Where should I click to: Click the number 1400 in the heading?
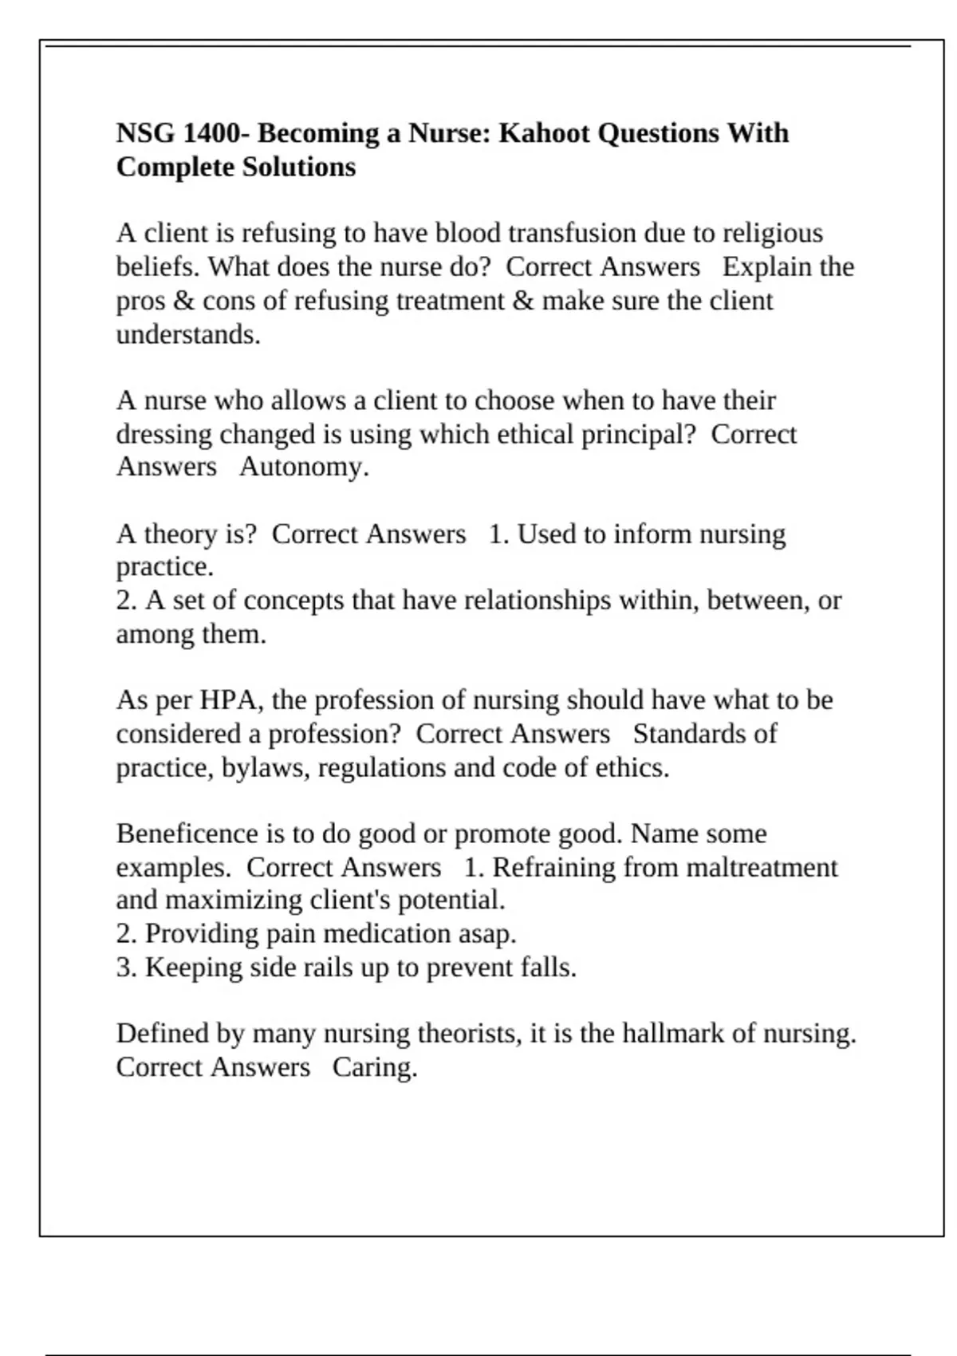pos(210,133)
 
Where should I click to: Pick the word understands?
pos(188,334)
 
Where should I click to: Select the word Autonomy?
pos(304,467)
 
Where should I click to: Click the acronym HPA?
pos(229,700)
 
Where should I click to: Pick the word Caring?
pos(374,1067)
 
